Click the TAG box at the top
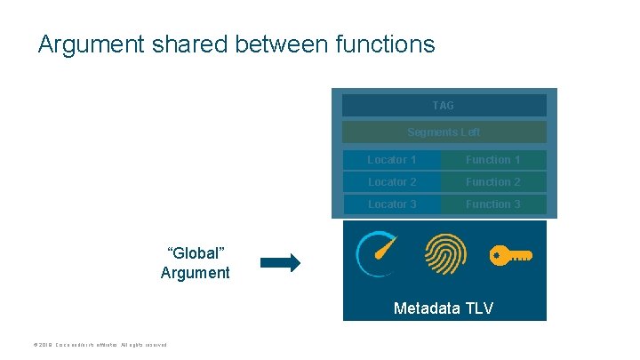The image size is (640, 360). [x=444, y=106]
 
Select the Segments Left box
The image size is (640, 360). [x=444, y=132]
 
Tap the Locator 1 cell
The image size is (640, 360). [x=392, y=160]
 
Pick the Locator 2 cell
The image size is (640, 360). [x=392, y=182]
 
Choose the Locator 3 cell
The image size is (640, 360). [x=392, y=204]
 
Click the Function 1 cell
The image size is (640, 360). [x=493, y=160]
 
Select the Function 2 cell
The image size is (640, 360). [x=493, y=182]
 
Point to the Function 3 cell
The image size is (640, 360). [x=493, y=204]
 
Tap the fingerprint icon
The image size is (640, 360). [x=444, y=255]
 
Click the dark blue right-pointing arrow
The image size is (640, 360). [x=281, y=262]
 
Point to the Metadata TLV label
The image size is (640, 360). [x=444, y=308]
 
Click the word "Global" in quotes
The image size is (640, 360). [x=195, y=252]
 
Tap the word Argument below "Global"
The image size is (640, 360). [x=195, y=273]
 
